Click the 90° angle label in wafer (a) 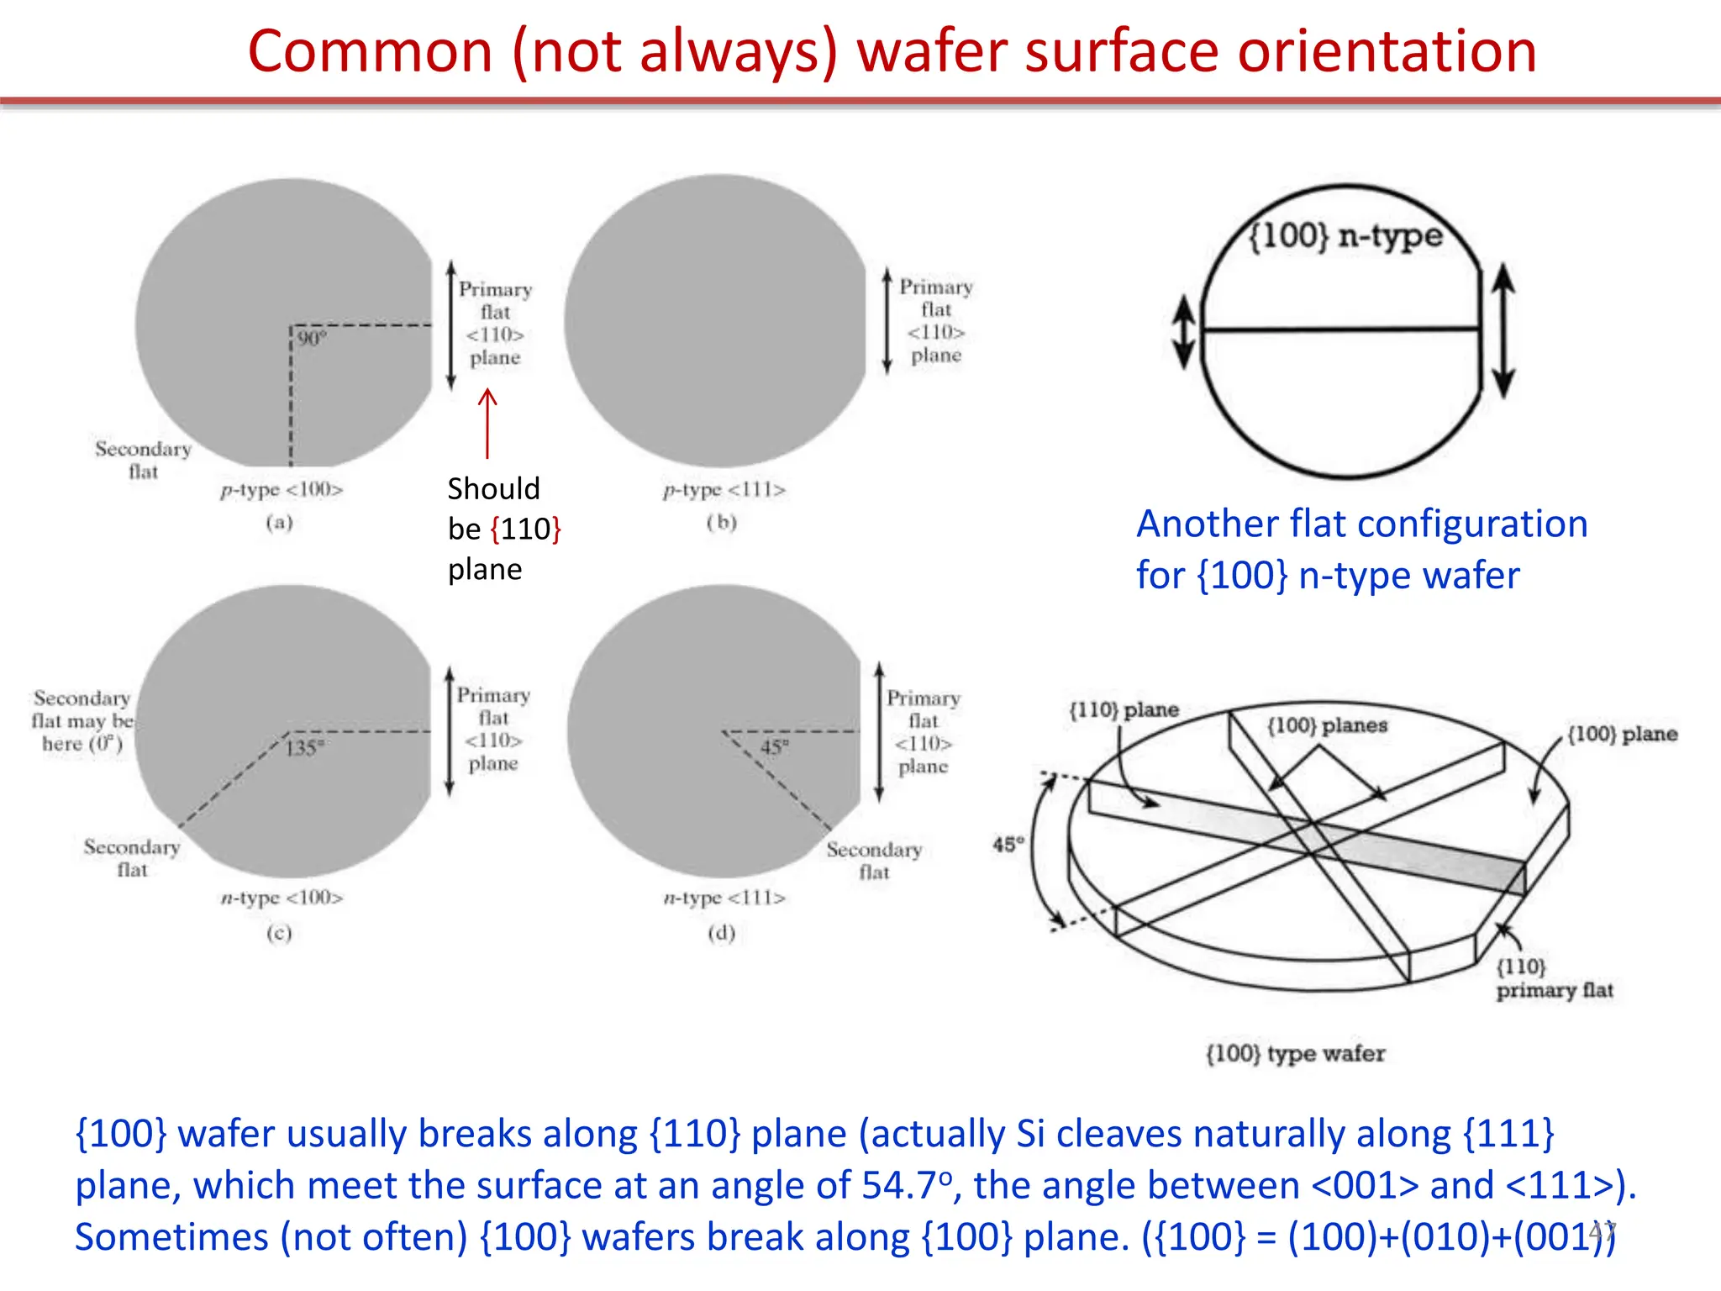point(311,339)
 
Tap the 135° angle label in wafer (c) point(304,747)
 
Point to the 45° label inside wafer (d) point(774,747)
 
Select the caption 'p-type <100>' point(282,490)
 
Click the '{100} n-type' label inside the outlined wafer point(1345,235)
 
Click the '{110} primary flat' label point(1553,978)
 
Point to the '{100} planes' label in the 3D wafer point(1327,725)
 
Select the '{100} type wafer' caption point(1295,1053)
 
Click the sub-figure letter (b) point(721,523)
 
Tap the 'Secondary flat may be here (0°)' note point(82,721)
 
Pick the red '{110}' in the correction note point(526,530)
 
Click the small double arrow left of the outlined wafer point(1184,332)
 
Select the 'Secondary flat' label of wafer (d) point(874,861)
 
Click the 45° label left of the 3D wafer point(1008,843)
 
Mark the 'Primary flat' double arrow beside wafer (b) point(887,321)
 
